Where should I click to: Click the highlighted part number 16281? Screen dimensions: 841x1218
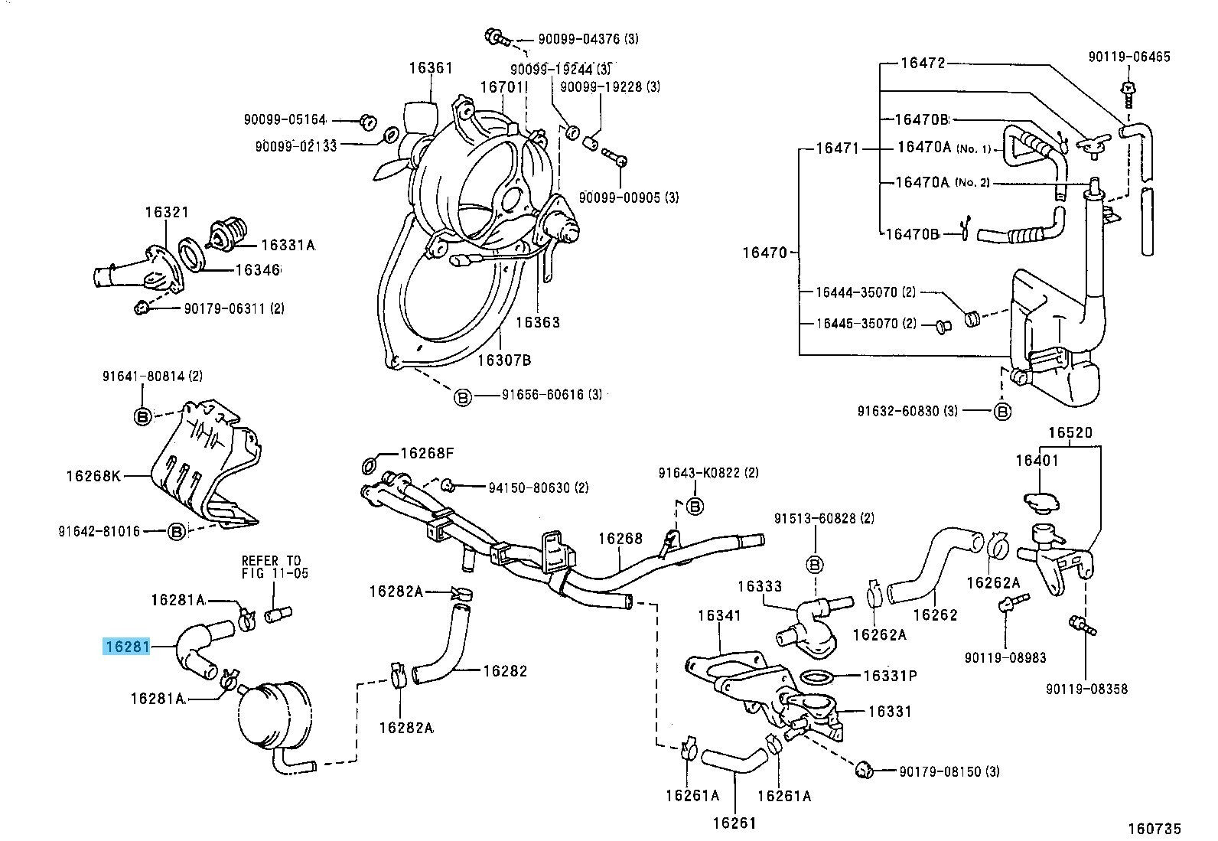coord(127,647)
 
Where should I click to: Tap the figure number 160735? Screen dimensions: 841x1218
coord(1154,828)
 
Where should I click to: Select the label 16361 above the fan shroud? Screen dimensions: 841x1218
coord(430,67)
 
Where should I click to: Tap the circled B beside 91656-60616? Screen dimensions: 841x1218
coord(462,397)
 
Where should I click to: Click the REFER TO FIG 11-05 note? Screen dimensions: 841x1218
coord(275,566)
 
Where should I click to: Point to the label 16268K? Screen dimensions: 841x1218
coord(93,476)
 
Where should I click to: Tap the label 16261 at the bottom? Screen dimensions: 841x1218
coord(734,823)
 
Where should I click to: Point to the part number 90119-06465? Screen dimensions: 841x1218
coord(1129,57)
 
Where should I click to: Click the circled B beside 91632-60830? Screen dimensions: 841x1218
coord(1002,411)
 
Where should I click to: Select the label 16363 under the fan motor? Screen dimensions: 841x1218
coord(537,322)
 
